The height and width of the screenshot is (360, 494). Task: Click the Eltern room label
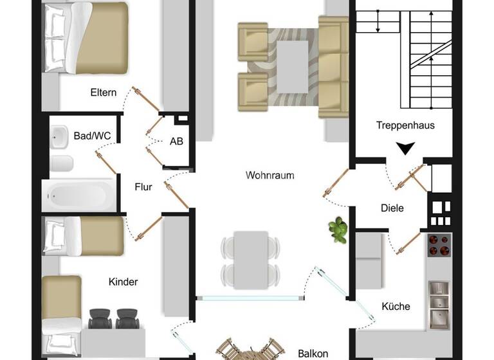point(103,93)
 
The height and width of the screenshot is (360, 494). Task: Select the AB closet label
point(176,142)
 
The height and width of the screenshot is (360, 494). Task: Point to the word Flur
point(143,187)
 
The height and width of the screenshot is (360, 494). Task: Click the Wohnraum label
point(270,175)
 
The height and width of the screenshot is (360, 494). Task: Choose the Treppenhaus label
point(405,125)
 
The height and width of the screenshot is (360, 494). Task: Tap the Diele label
point(392,208)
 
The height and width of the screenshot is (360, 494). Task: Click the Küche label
point(396,306)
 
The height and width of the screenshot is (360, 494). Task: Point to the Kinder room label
point(123,282)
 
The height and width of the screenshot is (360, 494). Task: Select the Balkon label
point(313,353)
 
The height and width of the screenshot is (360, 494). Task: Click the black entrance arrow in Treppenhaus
point(405,149)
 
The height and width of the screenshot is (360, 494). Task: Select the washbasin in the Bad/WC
point(60,136)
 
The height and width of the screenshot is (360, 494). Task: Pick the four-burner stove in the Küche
point(440,244)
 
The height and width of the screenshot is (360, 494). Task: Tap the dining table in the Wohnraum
point(251,259)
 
